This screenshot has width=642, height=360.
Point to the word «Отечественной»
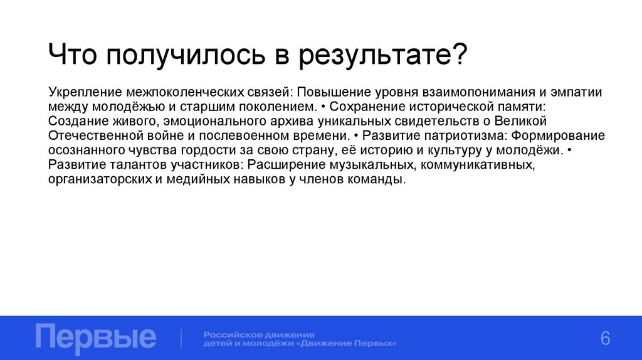pos(88,135)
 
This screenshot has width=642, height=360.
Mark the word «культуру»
pos(466,151)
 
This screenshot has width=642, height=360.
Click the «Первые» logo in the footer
pos(96,337)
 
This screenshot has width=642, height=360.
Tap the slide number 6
pos(605,337)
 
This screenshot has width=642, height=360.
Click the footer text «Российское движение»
pos(259,334)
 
